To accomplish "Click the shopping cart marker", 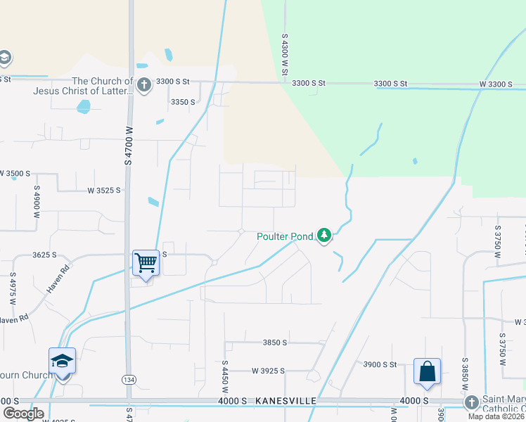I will click(x=146, y=262).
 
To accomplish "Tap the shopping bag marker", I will click(x=428, y=371).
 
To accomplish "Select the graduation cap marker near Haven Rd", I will click(x=63, y=361).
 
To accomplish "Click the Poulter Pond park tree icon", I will click(x=323, y=235).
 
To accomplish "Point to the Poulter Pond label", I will click(x=284, y=236).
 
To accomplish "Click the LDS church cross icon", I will click(x=143, y=85).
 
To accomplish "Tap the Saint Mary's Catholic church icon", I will click(x=472, y=402).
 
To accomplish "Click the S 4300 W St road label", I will click(x=286, y=50).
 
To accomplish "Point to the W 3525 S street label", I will click(x=104, y=190).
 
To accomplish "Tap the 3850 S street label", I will click(x=275, y=343).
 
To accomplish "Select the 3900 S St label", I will click(x=380, y=364).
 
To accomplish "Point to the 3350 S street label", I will click(x=183, y=102).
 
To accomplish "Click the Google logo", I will click(x=23, y=414).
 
